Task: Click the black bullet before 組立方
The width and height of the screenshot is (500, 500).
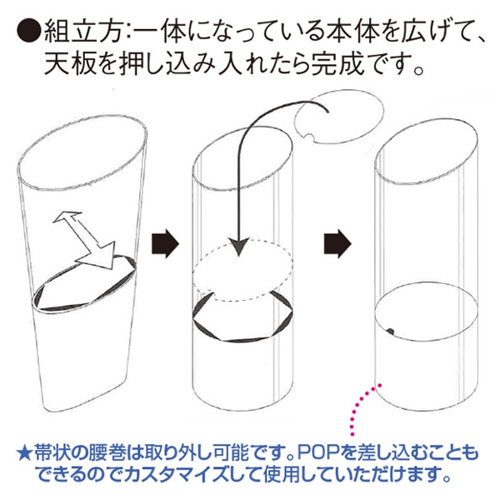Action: (28, 31)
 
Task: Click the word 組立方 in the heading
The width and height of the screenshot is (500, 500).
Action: (83, 31)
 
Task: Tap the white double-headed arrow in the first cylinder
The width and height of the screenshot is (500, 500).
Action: (84, 239)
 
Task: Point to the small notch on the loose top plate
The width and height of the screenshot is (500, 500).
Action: (308, 137)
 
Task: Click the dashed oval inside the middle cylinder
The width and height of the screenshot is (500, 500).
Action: (243, 270)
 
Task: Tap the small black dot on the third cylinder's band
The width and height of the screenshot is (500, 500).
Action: (390, 332)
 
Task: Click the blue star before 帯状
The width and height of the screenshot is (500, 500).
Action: (24, 453)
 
